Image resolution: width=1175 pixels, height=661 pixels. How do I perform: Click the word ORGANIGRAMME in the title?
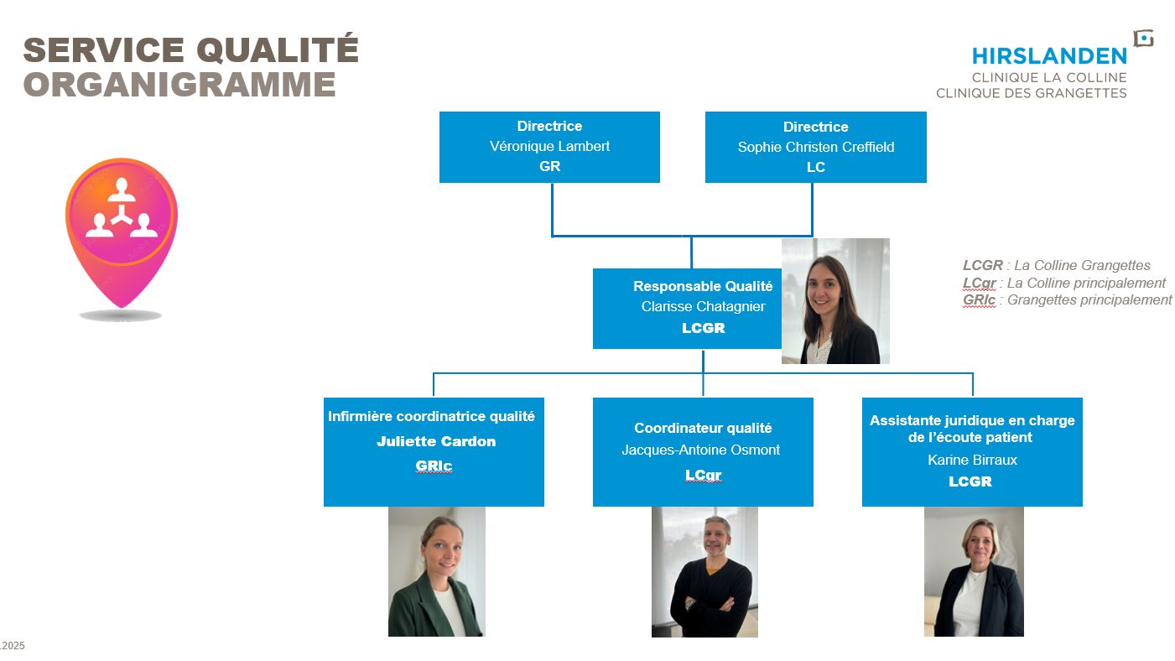pyautogui.click(x=179, y=85)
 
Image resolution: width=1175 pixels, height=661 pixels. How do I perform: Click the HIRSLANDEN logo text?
pyautogui.click(x=1049, y=56)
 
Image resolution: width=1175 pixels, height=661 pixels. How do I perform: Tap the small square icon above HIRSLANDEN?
pyautogui.click(x=1143, y=39)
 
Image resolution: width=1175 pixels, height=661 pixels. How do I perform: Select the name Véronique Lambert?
pyautogui.click(x=549, y=146)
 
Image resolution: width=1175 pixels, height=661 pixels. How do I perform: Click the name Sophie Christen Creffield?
pyautogui.click(x=816, y=147)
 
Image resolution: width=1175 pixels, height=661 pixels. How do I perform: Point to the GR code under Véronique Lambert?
pyautogui.click(x=549, y=166)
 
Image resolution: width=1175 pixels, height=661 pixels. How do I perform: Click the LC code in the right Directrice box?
pyautogui.click(x=816, y=167)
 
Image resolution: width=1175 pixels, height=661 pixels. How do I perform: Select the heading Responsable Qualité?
pyautogui.click(x=703, y=286)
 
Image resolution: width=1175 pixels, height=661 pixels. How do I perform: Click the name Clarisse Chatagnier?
pyautogui.click(x=703, y=306)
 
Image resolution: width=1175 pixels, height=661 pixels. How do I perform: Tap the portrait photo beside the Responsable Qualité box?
pyautogui.click(x=835, y=301)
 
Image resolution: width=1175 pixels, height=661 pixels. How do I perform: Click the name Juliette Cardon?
pyautogui.click(x=436, y=441)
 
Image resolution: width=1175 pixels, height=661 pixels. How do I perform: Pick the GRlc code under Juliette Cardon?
pyautogui.click(x=434, y=466)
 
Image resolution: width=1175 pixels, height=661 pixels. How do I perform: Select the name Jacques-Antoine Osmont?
pyautogui.click(x=701, y=450)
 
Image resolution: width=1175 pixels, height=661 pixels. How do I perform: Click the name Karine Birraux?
pyautogui.click(x=973, y=460)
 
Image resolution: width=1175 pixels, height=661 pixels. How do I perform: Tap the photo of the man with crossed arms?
pyautogui.click(x=704, y=572)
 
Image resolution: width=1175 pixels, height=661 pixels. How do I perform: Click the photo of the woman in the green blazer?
pyautogui.click(x=436, y=571)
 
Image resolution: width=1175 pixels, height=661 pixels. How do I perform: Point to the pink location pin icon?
pyautogui.click(x=122, y=232)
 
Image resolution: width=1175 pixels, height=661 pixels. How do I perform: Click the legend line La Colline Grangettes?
pyautogui.click(x=1057, y=265)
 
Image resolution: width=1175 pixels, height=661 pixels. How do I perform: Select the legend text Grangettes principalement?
pyautogui.click(x=1089, y=300)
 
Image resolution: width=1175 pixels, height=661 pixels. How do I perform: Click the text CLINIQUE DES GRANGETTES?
pyautogui.click(x=1032, y=93)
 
